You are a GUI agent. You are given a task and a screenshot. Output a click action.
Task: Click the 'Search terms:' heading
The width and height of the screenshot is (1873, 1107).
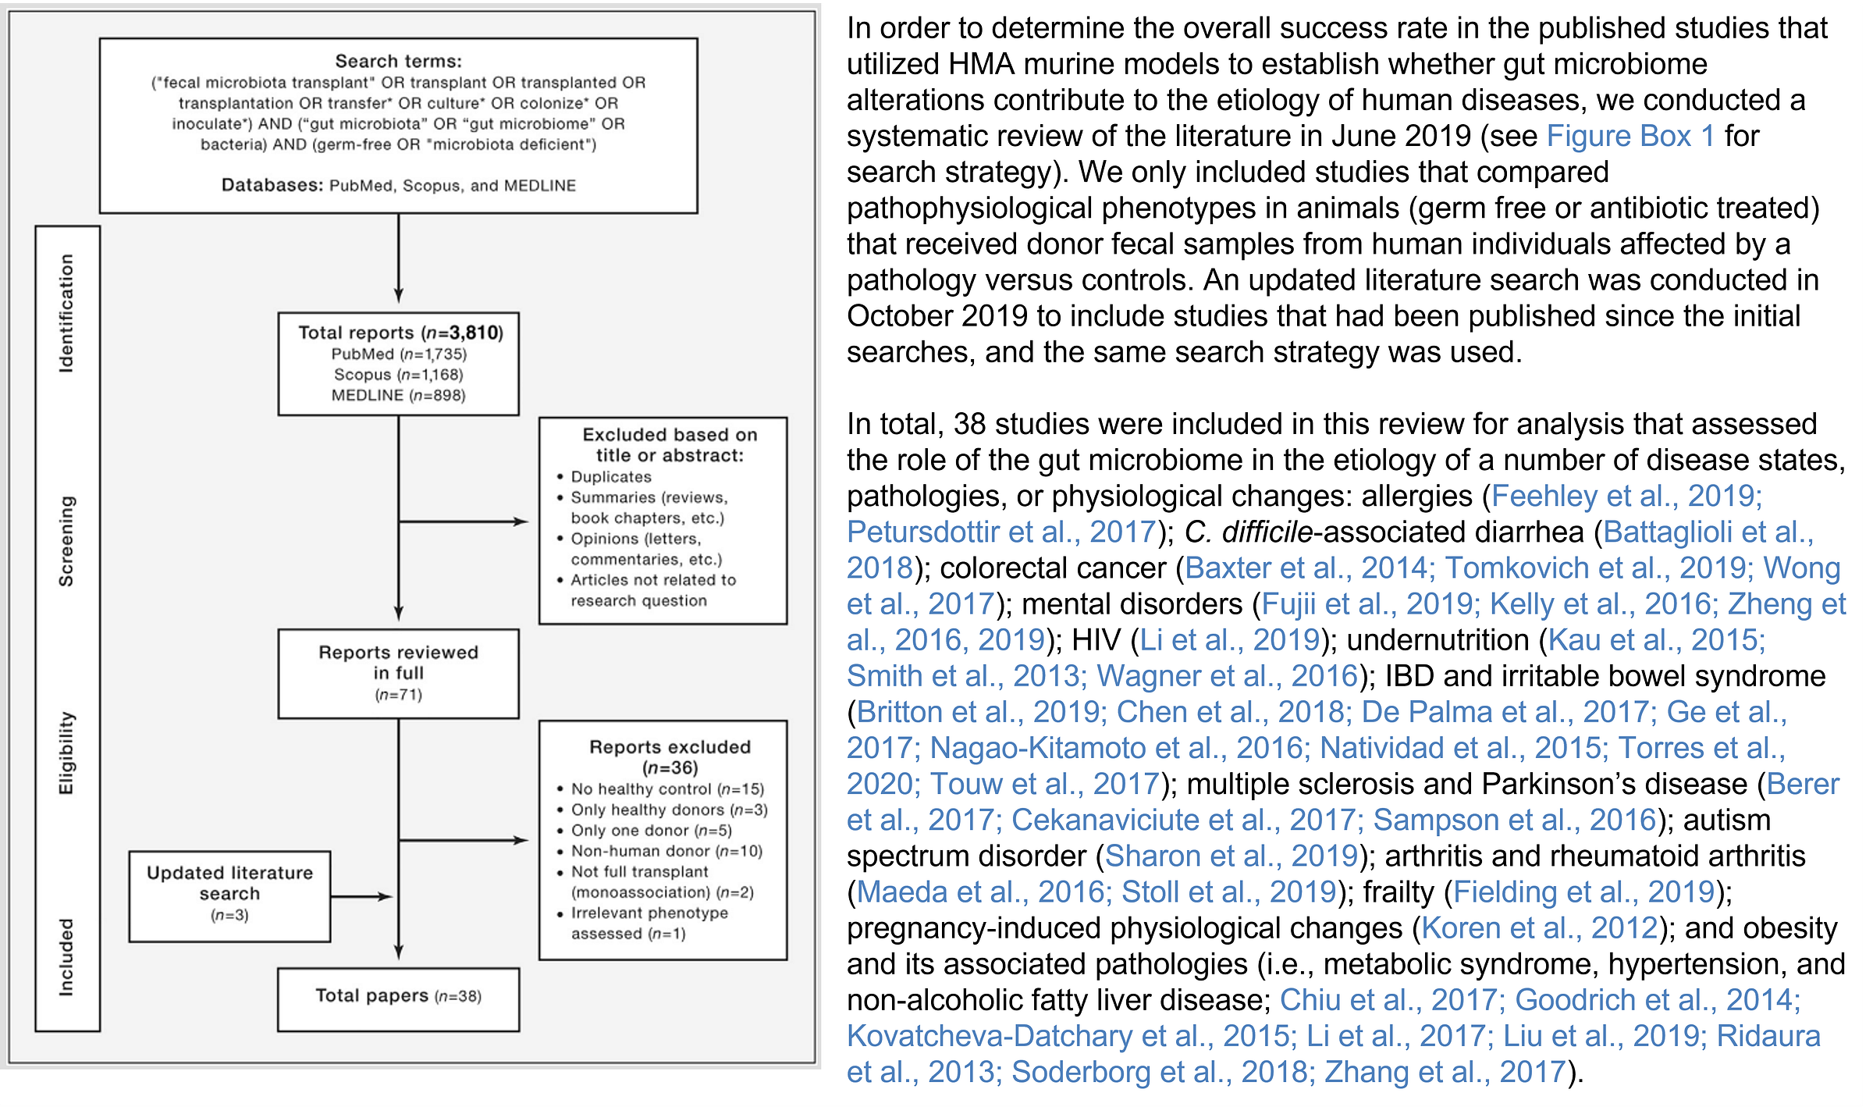coord(398,61)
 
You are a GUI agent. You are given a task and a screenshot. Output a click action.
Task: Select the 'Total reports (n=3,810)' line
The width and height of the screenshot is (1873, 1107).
coord(400,333)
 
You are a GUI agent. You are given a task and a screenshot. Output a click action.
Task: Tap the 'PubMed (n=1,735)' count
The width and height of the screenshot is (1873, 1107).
coord(399,354)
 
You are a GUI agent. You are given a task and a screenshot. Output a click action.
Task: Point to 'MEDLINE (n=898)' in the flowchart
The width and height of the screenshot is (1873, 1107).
coord(398,396)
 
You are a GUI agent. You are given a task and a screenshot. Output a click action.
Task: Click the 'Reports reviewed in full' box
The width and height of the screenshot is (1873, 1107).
coord(398,673)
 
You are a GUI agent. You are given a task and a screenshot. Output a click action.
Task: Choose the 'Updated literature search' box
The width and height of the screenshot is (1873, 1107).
coord(229,895)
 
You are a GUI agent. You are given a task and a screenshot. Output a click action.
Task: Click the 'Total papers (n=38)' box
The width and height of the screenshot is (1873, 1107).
coord(398,997)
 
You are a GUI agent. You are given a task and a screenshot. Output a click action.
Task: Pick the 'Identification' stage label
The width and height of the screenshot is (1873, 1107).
coord(66,313)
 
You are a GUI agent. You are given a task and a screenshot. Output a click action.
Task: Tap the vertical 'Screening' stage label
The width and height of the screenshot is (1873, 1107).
coord(66,541)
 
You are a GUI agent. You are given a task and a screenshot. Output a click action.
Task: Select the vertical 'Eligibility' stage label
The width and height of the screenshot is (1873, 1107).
coord(66,753)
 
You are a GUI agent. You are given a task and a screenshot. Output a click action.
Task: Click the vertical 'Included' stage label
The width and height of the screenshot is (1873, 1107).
coord(66,957)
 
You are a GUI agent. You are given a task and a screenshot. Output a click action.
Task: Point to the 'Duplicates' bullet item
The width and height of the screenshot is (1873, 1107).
coord(610,477)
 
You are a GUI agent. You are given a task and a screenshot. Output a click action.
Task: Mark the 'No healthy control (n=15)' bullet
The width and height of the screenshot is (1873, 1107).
coord(667,789)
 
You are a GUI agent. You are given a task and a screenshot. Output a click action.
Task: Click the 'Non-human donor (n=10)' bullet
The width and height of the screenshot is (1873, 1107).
coord(666,852)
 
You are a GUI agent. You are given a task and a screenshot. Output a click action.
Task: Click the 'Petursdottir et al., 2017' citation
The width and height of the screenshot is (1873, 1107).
coord(1001,532)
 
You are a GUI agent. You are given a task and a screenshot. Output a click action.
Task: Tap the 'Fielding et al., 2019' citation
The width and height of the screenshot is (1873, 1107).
coord(1583,892)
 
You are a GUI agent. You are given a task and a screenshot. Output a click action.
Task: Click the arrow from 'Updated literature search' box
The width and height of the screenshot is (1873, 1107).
coord(361,897)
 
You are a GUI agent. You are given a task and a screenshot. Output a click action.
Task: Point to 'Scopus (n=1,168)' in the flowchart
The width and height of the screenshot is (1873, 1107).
coord(398,376)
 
